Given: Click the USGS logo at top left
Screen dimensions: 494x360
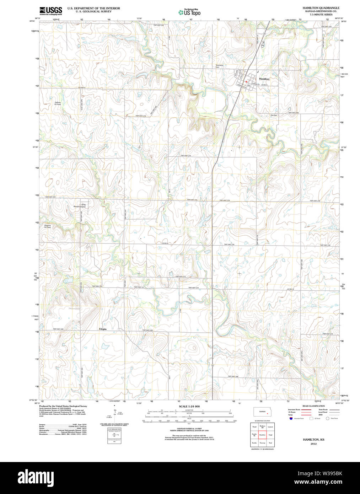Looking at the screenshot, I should (51, 11).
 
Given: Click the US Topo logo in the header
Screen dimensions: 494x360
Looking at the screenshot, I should (189, 12).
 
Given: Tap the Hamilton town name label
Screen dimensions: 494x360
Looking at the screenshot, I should (264, 79).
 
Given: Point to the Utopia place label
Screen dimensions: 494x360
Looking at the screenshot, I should (103, 329).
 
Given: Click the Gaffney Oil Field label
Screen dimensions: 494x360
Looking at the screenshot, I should (58, 103).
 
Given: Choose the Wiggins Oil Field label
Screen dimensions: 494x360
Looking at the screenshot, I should (48, 226).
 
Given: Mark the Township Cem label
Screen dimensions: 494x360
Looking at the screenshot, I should (219, 66).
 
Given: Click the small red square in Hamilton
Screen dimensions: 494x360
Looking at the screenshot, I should (246, 81).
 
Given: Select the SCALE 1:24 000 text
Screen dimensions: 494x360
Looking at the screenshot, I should (189, 406).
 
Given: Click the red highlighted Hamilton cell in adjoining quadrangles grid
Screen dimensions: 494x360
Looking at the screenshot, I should (262, 435).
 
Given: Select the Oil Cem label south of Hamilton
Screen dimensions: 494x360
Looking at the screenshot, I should (274, 115).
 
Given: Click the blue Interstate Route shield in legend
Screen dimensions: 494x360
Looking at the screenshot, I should (290, 419).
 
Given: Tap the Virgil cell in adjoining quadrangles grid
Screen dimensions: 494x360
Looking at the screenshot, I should (270, 435).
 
